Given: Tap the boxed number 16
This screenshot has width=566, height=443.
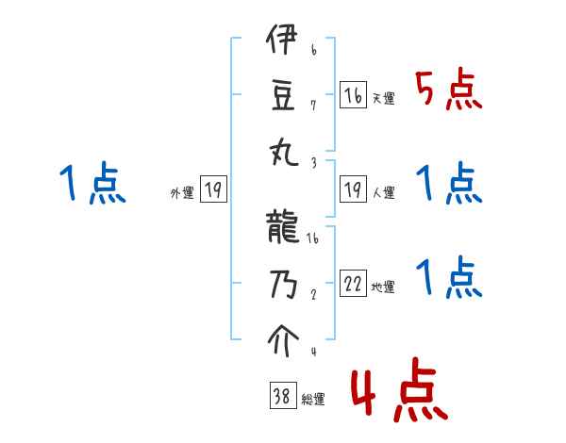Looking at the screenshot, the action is click(x=353, y=95).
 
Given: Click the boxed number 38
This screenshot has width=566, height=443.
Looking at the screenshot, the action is click(x=282, y=397).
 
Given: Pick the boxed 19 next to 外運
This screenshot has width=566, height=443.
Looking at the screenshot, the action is click(x=212, y=191).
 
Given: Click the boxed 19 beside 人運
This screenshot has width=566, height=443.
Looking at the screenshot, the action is click(x=353, y=191).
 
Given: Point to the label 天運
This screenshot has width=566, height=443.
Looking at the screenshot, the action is click(x=383, y=98).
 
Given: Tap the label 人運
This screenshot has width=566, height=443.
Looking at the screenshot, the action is click(x=383, y=193).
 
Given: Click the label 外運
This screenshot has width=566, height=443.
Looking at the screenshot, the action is click(x=181, y=193).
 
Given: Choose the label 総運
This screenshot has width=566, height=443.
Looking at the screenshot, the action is click(x=312, y=400).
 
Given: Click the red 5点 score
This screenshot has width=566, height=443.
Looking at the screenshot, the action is click(x=448, y=91).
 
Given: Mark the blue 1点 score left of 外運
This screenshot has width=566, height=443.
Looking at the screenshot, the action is click(x=92, y=184).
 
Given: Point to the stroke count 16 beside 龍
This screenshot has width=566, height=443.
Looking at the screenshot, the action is click(x=312, y=238).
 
